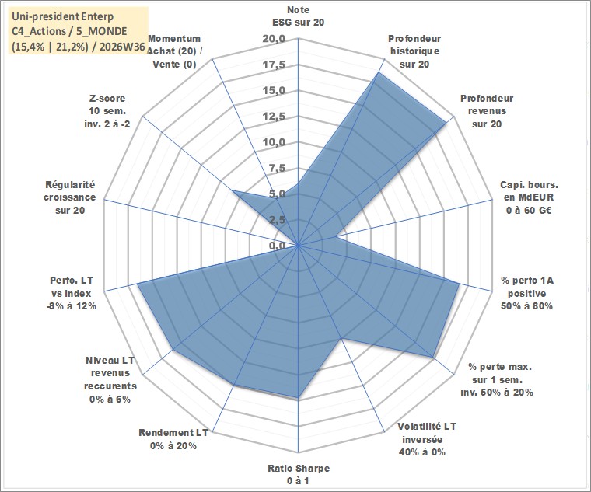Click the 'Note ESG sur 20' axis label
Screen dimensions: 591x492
[x=298, y=16]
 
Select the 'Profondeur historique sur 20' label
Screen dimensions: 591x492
[x=414, y=51]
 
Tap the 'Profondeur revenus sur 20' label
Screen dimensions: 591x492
[x=487, y=111]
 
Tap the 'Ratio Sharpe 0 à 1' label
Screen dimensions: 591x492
[x=299, y=475]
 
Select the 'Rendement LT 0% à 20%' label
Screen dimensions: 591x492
[x=173, y=439]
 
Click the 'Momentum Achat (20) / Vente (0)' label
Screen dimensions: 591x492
[x=174, y=51]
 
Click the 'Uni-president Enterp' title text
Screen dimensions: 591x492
[x=62, y=17]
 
